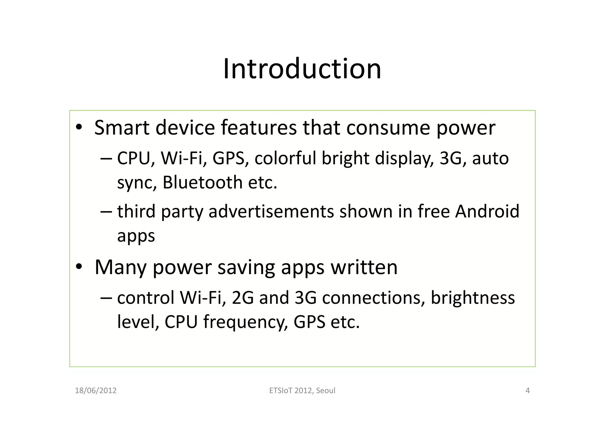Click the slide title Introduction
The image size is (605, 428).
point(302,69)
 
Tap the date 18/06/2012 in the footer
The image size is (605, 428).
point(96,391)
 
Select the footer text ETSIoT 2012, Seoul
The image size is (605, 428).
point(302,391)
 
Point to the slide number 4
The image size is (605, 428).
point(528,391)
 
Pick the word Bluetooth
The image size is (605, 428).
point(202,182)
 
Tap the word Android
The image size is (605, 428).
point(487,211)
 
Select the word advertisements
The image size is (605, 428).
point(271,211)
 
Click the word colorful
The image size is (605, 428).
point(285,158)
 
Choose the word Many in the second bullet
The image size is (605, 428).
point(120,267)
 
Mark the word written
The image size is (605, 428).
point(364,267)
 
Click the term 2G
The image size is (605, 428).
point(243,298)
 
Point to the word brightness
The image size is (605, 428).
point(473,298)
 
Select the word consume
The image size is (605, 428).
point(388,128)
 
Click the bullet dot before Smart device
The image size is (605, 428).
point(79,128)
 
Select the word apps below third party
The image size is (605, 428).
point(136,236)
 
